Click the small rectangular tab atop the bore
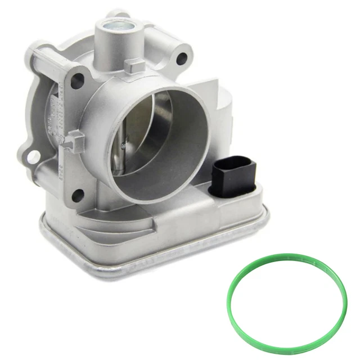pos(132,67)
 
